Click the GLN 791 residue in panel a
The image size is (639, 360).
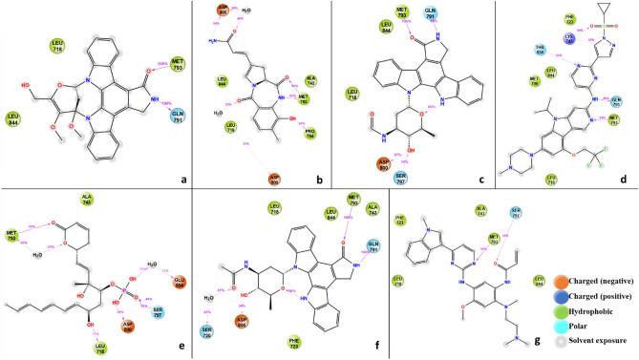point(178,116)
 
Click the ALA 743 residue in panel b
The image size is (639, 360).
point(310,81)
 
